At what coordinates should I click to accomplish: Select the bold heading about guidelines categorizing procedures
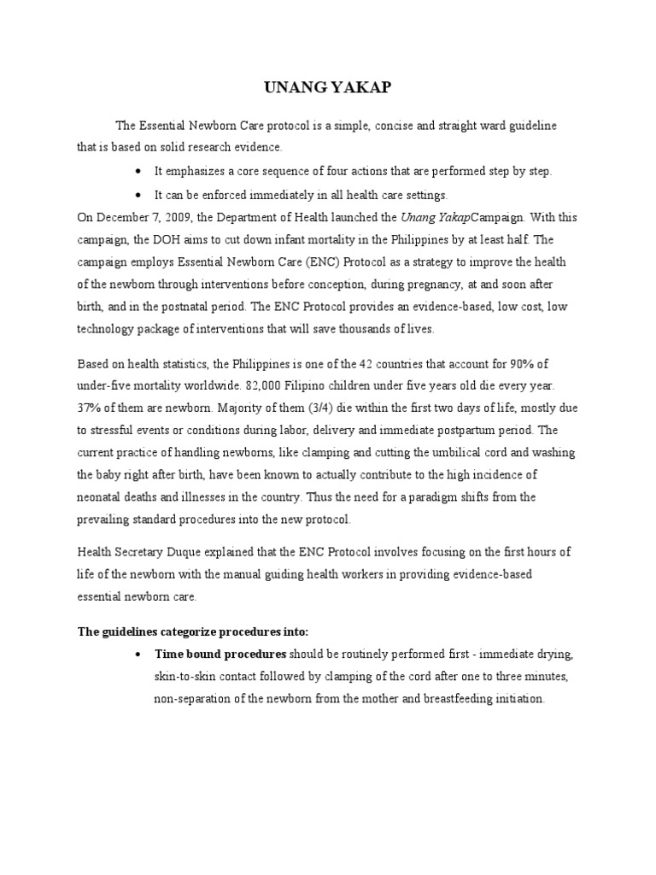(x=192, y=631)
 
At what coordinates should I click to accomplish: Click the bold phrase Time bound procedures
(x=220, y=654)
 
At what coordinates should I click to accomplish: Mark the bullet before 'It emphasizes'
(x=138, y=171)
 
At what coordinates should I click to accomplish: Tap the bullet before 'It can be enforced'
(x=138, y=195)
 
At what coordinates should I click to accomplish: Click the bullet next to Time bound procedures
(x=138, y=655)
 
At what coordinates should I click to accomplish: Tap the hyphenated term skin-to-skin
(x=184, y=676)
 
